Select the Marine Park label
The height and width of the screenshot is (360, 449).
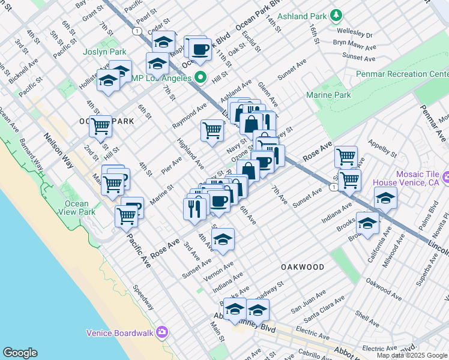click(x=328, y=95)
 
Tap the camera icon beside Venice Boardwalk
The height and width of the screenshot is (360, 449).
click(x=162, y=332)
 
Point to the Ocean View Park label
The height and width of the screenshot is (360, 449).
click(x=80, y=208)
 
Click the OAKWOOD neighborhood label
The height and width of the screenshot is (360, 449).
click(x=303, y=267)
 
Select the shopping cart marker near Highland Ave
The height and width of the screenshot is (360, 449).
click(x=212, y=130)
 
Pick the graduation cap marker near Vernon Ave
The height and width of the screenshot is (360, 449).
click(x=223, y=239)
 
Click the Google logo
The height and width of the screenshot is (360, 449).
click(x=20, y=353)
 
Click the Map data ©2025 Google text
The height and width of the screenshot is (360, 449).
click(x=412, y=355)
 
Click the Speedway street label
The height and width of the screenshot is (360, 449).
click(x=143, y=297)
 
